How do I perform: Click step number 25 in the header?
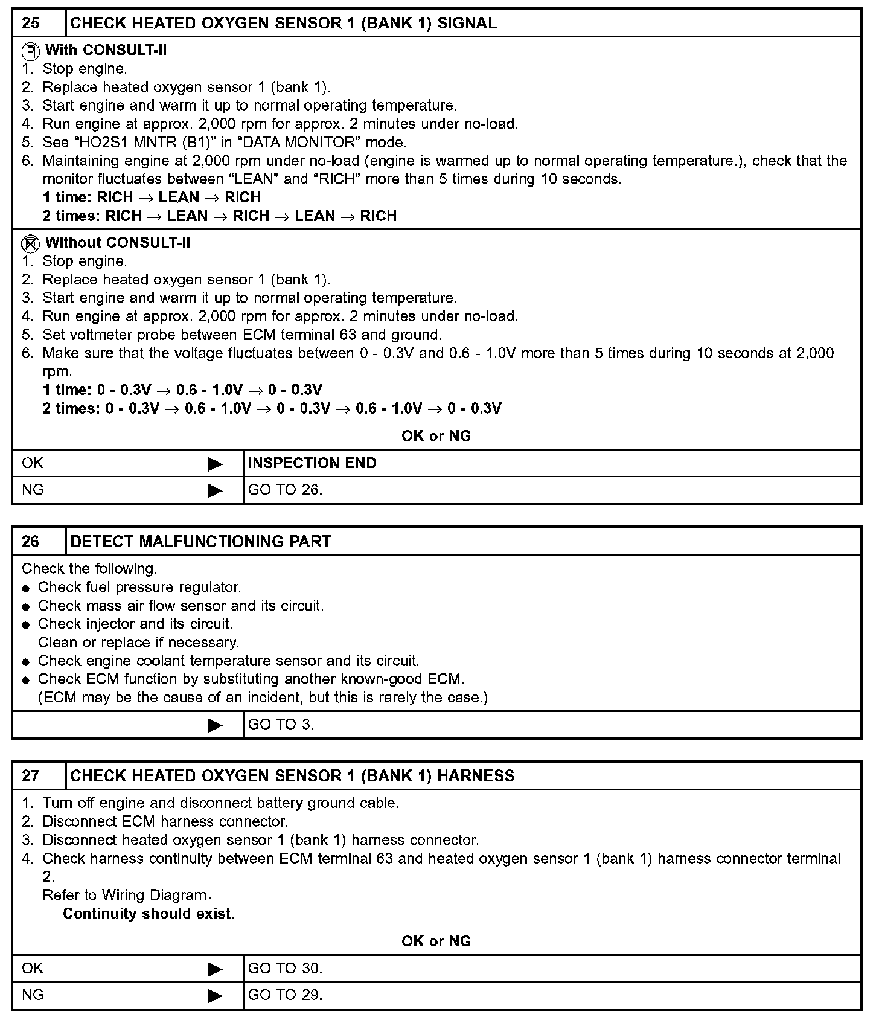coord(31,24)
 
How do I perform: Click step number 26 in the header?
coord(31,542)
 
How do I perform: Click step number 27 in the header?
coord(31,776)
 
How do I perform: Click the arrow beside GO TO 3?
coord(215,725)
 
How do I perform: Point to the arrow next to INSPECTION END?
coord(215,464)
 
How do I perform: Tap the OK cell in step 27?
coord(33,969)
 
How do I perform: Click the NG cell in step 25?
coord(33,490)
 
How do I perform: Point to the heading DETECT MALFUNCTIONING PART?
coord(200,542)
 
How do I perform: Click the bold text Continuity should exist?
coord(149,914)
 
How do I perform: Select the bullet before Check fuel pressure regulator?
coord(26,588)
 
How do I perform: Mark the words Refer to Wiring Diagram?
coord(124,895)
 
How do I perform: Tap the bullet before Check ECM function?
coord(26,680)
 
